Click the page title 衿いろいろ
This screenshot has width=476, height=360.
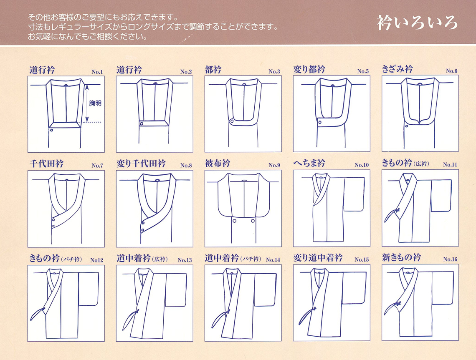[417, 23]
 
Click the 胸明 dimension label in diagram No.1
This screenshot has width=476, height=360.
[95, 103]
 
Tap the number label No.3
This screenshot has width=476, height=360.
[274, 72]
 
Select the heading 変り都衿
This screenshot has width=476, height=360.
[309, 69]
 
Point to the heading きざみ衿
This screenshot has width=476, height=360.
[397, 69]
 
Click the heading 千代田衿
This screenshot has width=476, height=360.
[46, 164]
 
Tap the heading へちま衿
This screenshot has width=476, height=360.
[309, 163]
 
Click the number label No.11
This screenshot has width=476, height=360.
[450, 165]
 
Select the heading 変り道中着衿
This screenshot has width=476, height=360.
[318, 258]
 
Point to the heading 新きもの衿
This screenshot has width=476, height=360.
[401, 257]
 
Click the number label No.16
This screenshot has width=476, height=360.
[450, 259]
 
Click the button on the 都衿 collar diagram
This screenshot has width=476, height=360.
[232, 121]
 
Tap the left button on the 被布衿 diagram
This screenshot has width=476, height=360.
[234, 221]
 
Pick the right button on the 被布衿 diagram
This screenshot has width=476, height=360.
[253, 221]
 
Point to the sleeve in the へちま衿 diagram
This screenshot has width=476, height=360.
[354, 194]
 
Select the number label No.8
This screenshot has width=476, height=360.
[186, 166]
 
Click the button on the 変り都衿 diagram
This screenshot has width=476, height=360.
[320, 122]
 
